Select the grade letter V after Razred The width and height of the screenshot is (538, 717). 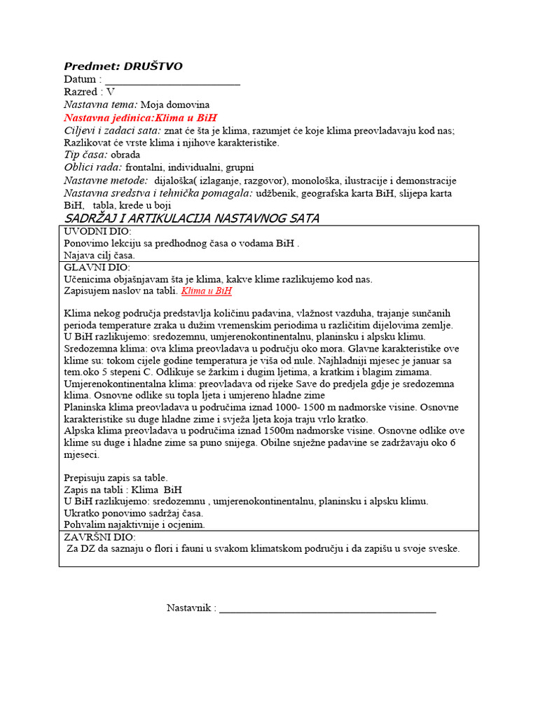coord(111,92)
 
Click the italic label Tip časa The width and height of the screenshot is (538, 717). coord(85,155)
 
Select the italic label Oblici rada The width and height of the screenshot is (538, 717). coord(92,167)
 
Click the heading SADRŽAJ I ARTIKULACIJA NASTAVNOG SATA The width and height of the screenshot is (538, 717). coord(191,218)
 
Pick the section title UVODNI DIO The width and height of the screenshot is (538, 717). coord(97,232)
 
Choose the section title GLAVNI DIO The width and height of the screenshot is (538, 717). coord(97,268)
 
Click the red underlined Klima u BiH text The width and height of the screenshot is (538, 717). coord(207,291)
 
